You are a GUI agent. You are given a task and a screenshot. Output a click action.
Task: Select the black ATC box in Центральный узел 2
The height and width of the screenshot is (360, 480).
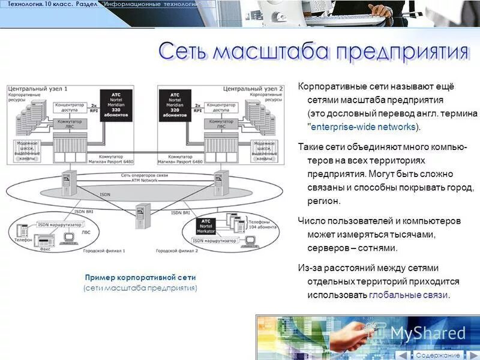point(175,106)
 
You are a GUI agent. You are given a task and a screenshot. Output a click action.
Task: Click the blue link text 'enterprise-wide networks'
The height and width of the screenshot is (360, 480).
point(363,127)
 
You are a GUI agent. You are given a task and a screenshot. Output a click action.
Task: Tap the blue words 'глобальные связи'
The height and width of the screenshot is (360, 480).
point(408,295)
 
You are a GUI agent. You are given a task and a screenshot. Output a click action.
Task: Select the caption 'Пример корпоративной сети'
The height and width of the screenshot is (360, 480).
point(140,278)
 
